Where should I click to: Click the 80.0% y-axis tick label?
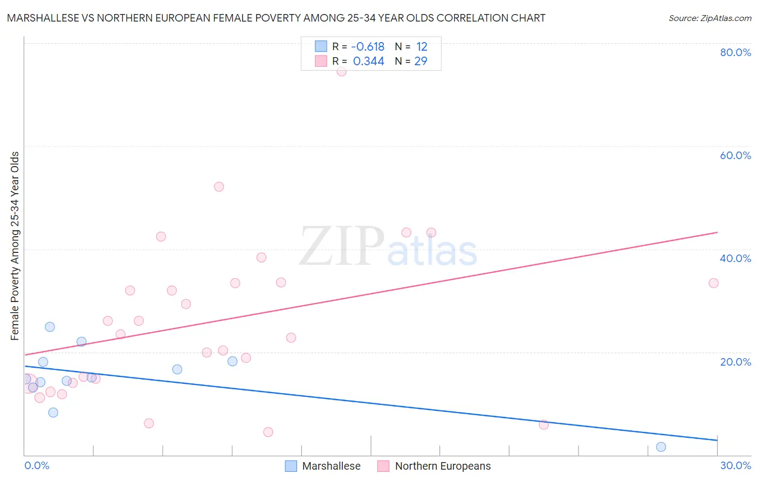tap(735, 52)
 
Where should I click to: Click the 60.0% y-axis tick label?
tap(735, 155)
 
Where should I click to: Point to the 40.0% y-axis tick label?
tap(735, 258)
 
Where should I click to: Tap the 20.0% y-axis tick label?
tap(735, 362)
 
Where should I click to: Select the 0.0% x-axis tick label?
tap(37, 465)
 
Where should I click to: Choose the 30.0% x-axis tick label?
tap(735, 465)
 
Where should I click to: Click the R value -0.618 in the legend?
tap(368, 47)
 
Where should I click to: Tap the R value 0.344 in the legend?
tap(369, 61)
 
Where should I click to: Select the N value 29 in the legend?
tap(421, 61)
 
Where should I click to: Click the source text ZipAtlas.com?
tap(709, 18)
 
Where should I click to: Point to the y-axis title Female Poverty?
tap(15, 246)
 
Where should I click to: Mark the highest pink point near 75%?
tap(341, 71)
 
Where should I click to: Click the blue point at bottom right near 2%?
tap(661, 446)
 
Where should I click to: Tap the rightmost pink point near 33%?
tap(713, 283)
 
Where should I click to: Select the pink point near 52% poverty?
tap(219, 187)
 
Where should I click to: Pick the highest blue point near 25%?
tap(50, 327)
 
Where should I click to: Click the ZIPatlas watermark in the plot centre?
tap(388, 247)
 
